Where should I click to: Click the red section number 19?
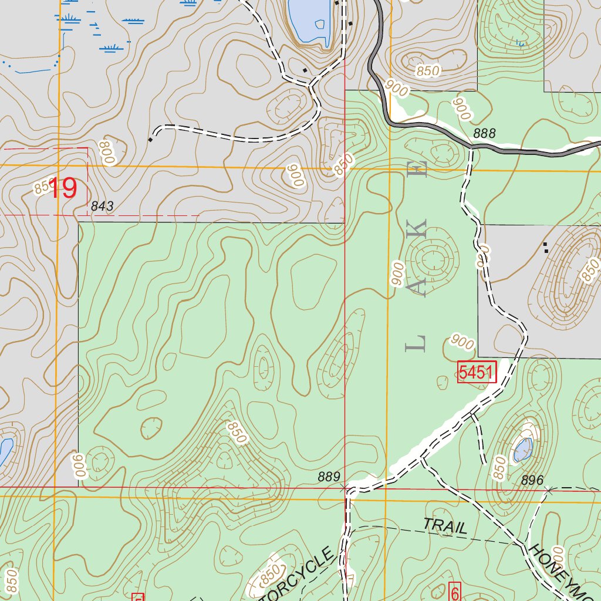coord(62,188)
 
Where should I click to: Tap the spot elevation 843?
coord(102,206)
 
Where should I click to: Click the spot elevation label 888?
coord(484,134)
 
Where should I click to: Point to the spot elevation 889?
coord(329,477)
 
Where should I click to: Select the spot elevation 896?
coord(532,480)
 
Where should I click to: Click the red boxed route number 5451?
coord(477,372)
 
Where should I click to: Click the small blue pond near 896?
coord(523,450)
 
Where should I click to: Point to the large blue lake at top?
coord(309,21)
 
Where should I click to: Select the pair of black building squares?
coord(546,247)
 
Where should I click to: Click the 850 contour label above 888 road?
coord(428,71)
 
